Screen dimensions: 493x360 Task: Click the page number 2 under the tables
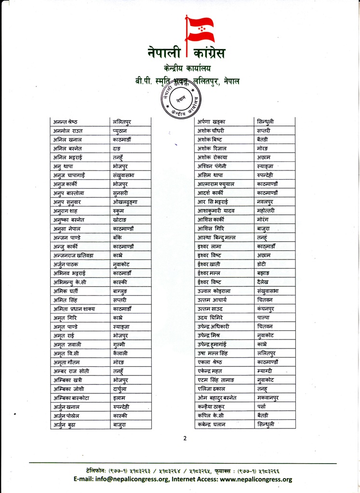tap(185, 438)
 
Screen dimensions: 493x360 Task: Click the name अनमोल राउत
tap(70, 130)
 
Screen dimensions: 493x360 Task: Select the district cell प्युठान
tap(121, 130)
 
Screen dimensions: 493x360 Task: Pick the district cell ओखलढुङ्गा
tap(125, 202)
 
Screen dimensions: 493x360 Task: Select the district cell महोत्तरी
tap(268, 211)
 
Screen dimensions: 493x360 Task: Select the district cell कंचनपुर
tap(268, 309)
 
